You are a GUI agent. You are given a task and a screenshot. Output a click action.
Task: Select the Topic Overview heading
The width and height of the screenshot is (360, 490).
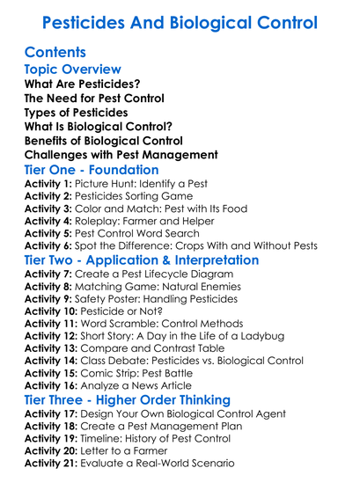click(72, 69)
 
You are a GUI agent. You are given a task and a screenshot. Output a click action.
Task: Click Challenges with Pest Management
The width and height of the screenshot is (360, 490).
click(109, 155)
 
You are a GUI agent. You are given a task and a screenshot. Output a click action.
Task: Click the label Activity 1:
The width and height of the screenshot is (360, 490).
click(48, 185)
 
